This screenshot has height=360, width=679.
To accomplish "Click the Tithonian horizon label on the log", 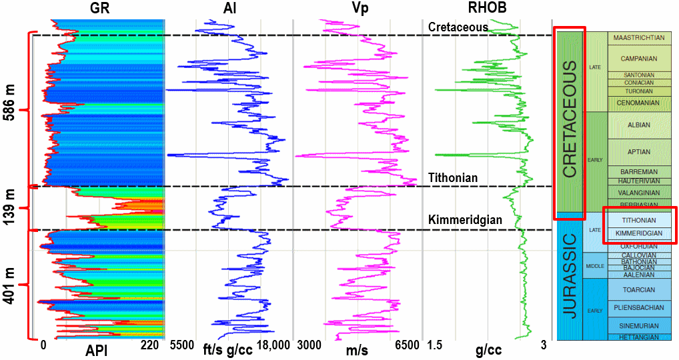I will [454, 178].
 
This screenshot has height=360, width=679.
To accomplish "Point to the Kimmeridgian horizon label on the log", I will [466, 220].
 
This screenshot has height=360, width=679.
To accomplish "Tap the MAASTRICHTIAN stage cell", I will [639, 38].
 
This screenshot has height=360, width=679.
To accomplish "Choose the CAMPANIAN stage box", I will [639, 59].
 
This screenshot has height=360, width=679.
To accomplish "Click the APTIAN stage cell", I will [639, 152].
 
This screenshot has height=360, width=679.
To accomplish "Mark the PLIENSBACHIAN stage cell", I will [639, 308].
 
